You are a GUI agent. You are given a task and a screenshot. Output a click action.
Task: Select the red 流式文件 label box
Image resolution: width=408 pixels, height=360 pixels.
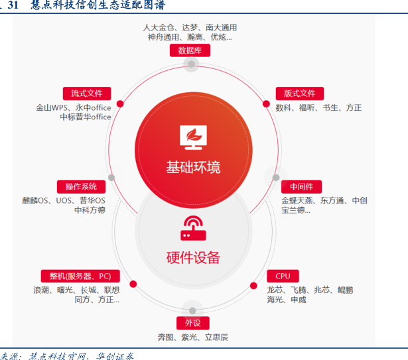(x=86, y=93)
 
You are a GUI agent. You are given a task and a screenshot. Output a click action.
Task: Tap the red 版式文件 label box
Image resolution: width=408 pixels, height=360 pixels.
(x=299, y=93)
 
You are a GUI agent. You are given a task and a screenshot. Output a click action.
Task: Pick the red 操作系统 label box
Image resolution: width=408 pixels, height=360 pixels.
(x=76, y=186)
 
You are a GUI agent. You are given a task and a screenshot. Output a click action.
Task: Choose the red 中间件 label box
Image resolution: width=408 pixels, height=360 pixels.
(x=301, y=186)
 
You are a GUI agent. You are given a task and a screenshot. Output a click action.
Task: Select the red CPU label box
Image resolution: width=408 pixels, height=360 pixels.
(x=283, y=276)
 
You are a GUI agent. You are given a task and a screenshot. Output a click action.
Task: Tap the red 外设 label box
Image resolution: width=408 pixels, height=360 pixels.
(x=192, y=323)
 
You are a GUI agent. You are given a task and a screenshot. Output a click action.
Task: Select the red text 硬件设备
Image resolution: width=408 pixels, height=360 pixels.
(x=192, y=257)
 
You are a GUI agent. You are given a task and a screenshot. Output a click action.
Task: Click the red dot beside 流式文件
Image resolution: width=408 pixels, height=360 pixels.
(x=120, y=103)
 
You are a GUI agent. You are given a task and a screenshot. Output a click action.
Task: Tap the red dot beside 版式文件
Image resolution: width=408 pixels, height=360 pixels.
(x=266, y=104)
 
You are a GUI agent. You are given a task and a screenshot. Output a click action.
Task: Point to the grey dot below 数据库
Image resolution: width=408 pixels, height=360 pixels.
(x=192, y=64)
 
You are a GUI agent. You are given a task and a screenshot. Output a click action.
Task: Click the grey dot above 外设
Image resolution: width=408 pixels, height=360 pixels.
(x=192, y=310)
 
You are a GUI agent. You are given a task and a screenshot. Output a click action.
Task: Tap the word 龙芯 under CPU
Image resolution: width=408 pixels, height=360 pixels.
(x=275, y=290)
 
